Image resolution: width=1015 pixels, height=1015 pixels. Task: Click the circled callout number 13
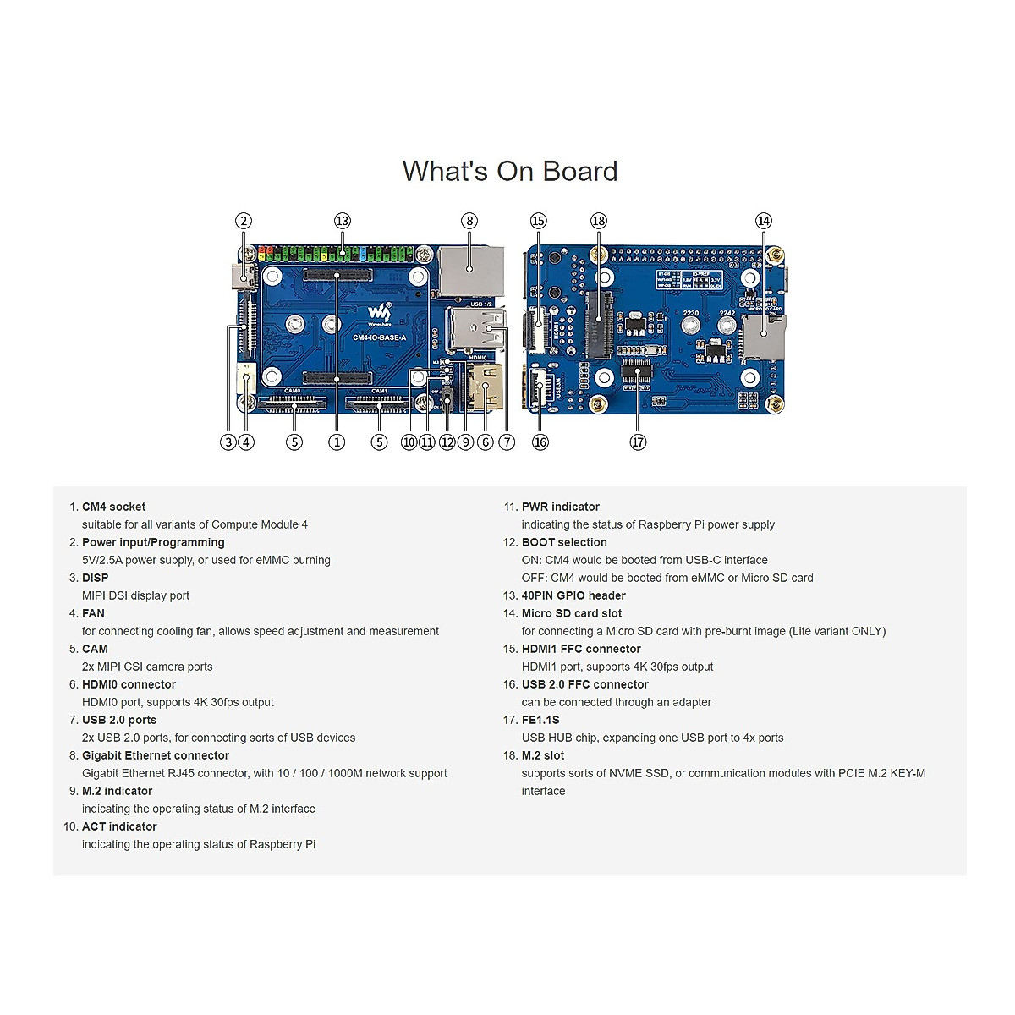tap(342, 221)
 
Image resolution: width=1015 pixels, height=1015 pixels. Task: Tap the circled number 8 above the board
tap(469, 221)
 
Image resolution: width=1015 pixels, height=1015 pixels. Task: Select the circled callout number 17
tap(638, 442)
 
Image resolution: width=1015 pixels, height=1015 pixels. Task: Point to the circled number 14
tap(764, 221)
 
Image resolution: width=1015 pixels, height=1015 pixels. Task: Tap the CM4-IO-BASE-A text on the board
tap(379, 337)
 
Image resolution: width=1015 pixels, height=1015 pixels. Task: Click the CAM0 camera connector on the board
tap(293, 404)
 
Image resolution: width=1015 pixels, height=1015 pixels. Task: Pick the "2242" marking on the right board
tap(727, 313)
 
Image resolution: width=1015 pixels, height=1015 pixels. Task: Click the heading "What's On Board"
tap(510, 171)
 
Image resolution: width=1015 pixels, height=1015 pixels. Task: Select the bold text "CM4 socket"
tap(113, 507)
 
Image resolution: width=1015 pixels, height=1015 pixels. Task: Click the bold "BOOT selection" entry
tap(564, 542)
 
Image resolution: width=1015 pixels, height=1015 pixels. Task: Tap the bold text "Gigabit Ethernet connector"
tap(156, 755)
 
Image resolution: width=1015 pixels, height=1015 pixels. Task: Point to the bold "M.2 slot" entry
tap(543, 755)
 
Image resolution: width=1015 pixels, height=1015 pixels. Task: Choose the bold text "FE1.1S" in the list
tap(540, 720)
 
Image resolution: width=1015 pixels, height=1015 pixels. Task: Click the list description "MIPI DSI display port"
tap(135, 595)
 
